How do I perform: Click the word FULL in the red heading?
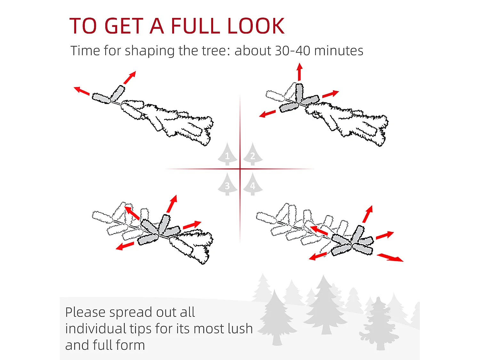click(195, 26)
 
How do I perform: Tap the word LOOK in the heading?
click(256, 26)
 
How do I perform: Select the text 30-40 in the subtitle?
click(292, 51)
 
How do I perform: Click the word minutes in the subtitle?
click(339, 51)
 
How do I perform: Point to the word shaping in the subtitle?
click(150, 51)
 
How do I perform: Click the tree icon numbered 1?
click(227, 154)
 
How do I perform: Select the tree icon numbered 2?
click(253, 154)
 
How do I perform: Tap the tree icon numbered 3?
click(227, 184)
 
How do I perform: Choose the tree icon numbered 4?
click(253, 184)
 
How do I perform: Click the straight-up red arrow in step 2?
click(300, 72)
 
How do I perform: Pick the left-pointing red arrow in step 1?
click(82, 91)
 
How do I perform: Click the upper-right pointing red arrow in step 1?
click(130, 77)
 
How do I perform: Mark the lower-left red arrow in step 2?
click(267, 114)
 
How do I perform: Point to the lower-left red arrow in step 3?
click(125, 246)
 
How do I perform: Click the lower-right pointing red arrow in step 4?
click(390, 257)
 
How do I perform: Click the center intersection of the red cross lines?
click(240, 169)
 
